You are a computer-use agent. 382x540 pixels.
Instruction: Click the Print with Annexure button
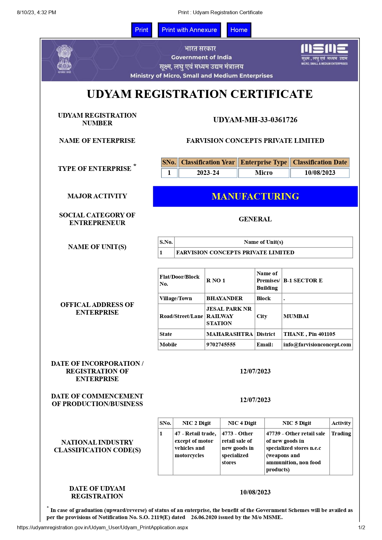(x=189, y=30)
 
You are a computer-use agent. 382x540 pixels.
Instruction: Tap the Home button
(x=239, y=30)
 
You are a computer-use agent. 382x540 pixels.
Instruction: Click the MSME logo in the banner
(x=324, y=54)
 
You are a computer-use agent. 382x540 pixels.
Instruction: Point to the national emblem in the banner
(x=64, y=59)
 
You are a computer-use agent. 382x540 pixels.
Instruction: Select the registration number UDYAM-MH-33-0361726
(x=255, y=120)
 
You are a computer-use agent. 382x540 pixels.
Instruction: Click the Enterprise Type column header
(x=264, y=162)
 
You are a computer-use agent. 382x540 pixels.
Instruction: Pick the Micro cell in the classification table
(x=264, y=173)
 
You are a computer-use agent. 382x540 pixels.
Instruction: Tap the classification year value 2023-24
(x=208, y=173)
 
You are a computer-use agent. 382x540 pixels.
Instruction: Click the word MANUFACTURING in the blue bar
(x=255, y=196)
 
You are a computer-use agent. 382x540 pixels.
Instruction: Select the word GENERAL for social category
(x=255, y=219)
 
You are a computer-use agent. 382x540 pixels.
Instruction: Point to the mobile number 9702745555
(x=221, y=345)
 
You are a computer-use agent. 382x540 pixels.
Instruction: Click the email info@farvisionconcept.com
(x=317, y=345)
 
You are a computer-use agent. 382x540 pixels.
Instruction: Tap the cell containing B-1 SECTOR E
(x=303, y=280)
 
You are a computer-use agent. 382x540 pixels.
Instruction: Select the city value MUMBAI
(x=296, y=316)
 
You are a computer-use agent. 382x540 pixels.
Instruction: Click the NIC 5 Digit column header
(x=297, y=423)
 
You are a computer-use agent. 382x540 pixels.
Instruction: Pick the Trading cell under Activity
(x=341, y=433)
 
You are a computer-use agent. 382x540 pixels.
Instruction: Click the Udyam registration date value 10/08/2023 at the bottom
(x=255, y=492)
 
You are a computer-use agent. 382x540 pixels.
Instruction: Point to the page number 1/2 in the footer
(x=361, y=527)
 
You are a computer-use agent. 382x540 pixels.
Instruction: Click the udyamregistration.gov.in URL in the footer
(x=102, y=527)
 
